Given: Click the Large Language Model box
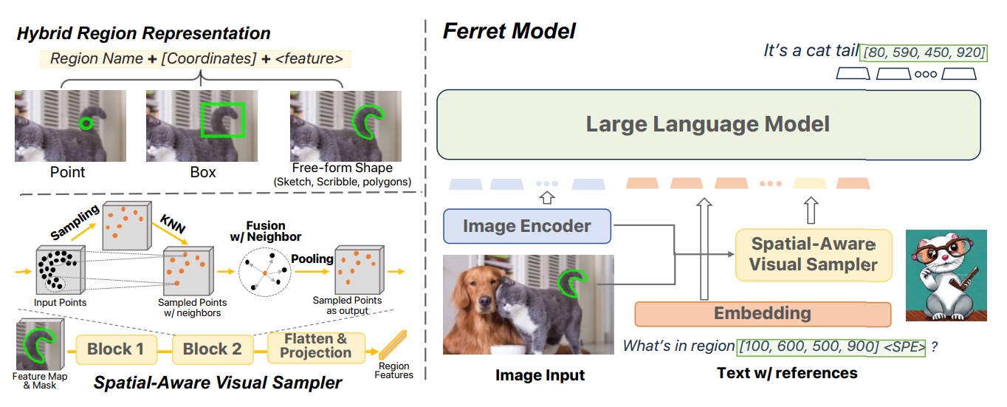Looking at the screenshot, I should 707,124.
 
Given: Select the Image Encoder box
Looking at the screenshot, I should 527,226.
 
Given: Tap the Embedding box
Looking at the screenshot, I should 762,313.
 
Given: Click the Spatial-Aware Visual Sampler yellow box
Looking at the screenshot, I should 813,254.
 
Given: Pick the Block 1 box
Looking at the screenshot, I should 115,349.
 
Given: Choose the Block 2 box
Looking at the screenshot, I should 212,349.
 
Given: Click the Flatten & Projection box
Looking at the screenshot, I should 315,346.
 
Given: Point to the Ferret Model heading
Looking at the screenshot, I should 509,31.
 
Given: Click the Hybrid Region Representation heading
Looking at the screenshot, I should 143,33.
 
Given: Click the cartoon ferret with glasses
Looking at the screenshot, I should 945,275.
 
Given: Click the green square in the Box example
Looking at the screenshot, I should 222,120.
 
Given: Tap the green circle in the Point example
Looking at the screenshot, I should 86,123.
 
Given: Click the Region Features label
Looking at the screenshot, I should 394,369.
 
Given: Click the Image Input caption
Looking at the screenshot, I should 540,375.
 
